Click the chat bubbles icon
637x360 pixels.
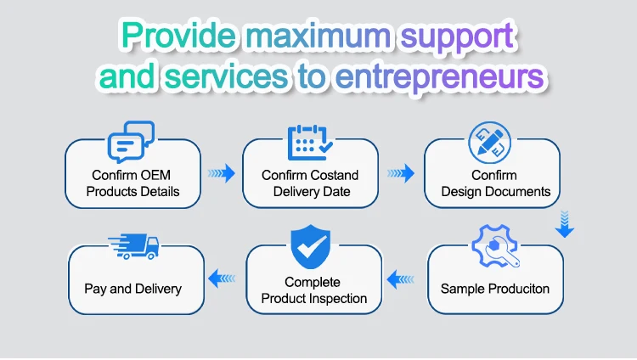(131, 142)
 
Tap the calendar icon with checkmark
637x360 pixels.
(310, 142)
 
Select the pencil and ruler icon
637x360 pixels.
(489, 143)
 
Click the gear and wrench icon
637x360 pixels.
(496, 246)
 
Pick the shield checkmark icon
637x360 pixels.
(310, 246)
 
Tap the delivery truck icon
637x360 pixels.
(133, 246)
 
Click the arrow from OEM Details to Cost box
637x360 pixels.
(222, 173)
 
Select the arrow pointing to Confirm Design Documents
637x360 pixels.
(401, 173)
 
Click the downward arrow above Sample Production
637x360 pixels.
(565, 224)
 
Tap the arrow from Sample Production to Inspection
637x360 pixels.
(401, 279)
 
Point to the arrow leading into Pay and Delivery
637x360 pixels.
(222, 278)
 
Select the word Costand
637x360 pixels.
(332, 175)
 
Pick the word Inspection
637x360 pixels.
(340, 299)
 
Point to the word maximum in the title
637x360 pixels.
(318, 36)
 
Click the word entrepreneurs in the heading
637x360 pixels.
(440, 77)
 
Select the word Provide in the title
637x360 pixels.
(178, 35)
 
